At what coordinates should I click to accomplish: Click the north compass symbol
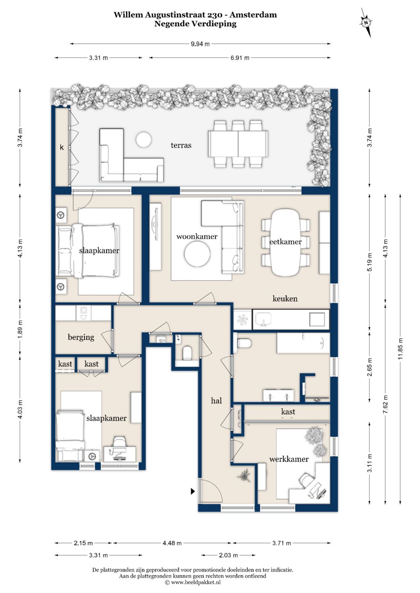pos(366,23)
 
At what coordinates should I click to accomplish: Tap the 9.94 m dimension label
pos(200,44)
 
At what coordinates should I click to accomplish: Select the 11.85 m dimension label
pos(400,349)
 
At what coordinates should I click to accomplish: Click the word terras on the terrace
pos(181,145)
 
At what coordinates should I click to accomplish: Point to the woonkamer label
pos(197,237)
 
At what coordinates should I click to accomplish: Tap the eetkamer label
pos(285,242)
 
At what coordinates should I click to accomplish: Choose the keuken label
pos(285,299)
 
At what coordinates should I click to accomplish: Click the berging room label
pos(81,337)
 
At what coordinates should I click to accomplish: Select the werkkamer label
pos(289,459)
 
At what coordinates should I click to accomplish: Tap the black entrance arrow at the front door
pos(193,491)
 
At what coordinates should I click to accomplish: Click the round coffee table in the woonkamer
pos(197,254)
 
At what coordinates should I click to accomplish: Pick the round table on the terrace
pos(143,139)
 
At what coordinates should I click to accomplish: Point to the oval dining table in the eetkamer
pos(285,242)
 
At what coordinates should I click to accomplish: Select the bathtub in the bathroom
pos(303,343)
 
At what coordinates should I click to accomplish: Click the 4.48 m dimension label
pos(172,543)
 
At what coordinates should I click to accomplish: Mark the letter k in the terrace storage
pos(62,147)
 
